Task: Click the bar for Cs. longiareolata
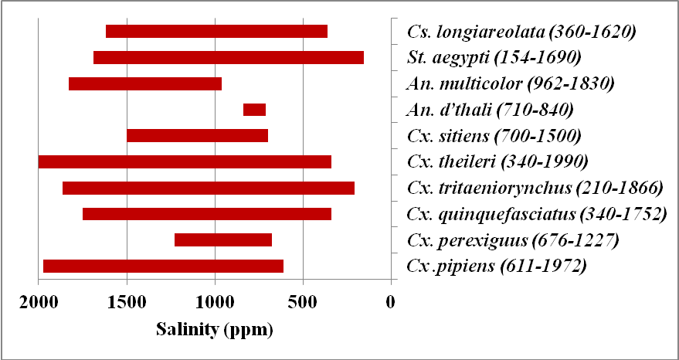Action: [216, 32]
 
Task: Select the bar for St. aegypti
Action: [228, 57]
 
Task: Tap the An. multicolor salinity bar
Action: [145, 83]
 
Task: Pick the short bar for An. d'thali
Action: [254, 110]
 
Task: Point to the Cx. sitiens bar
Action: [197, 136]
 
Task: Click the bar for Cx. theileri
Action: [185, 161]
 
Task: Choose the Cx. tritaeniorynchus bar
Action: [208, 188]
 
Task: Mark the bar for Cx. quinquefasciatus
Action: [206, 214]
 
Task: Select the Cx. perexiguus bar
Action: [223, 240]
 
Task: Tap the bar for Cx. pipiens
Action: [163, 267]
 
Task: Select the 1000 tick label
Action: [215, 302]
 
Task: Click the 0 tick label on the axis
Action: [391, 302]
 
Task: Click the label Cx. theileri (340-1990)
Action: [497, 161]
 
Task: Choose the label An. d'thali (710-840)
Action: [490, 110]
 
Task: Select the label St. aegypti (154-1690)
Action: [494, 57]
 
